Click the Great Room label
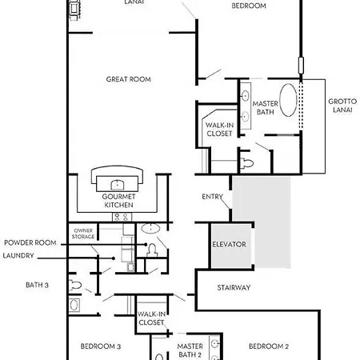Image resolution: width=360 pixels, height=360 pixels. pos(129,79)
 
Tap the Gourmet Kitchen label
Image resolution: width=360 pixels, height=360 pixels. pos(118,201)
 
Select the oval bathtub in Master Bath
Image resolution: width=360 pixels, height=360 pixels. pos(288,100)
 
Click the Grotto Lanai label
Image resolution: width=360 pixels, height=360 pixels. pos(342,106)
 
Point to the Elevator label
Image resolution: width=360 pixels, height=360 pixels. pos(229,244)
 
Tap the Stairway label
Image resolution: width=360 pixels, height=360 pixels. pos(234,287)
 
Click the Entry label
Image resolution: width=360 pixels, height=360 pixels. pos(212,197)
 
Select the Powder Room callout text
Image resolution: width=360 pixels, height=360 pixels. pos(30,242)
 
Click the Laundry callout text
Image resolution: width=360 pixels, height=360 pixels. pos(18,255)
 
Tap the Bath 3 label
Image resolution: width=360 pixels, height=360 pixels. pos(37,285)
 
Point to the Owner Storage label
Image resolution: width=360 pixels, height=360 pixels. pos(83,234)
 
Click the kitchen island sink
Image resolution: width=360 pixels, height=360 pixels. pos(117,185)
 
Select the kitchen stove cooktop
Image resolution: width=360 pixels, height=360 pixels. pos(122,217)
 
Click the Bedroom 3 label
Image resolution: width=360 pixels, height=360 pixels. pos(101,346)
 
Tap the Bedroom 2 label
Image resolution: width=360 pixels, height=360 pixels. pos(269,346)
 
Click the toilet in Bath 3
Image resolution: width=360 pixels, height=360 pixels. pos(75,286)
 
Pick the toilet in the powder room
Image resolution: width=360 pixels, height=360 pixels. pos(152,250)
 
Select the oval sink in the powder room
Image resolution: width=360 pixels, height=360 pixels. pos(150,229)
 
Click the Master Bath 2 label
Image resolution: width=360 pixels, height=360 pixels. pos(190,350)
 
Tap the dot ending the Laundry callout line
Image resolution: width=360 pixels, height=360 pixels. pos(114,258)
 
